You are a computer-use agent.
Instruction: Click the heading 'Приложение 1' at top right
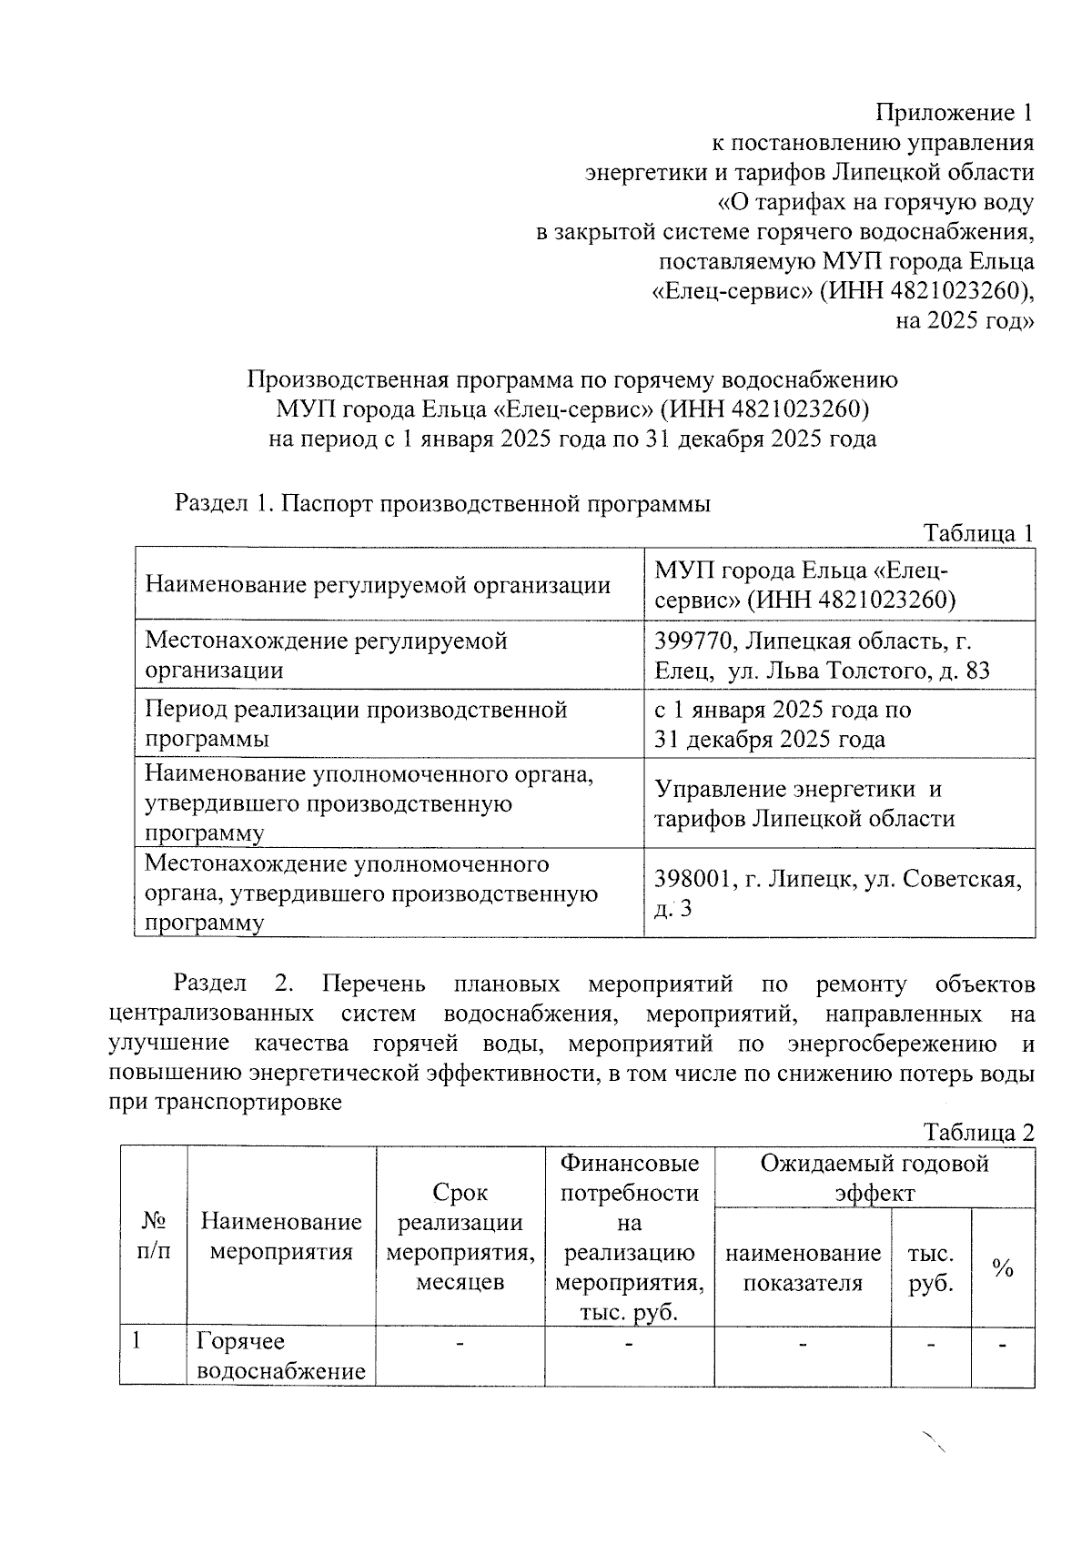(x=955, y=113)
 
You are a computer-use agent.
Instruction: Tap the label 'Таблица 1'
(x=978, y=533)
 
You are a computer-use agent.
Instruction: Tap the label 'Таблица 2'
(x=978, y=1133)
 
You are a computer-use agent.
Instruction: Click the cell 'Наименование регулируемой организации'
(x=378, y=585)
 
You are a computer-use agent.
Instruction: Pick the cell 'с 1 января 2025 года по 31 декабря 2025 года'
(x=783, y=724)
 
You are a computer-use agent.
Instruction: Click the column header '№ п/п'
(x=153, y=1236)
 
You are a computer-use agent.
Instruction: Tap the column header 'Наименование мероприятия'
(x=281, y=1236)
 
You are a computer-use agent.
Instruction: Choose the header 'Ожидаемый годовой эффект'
(x=875, y=1178)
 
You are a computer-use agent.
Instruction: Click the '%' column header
(x=1003, y=1268)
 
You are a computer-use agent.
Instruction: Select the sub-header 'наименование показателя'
(x=803, y=1268)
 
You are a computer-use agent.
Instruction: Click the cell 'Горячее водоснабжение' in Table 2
(x=281, y=1356)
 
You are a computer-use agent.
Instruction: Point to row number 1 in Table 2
(x=136, y=1341)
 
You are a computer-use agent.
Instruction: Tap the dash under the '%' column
(x=1003, y=1345)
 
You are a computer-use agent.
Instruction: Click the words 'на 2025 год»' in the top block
(x=965, y=321)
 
